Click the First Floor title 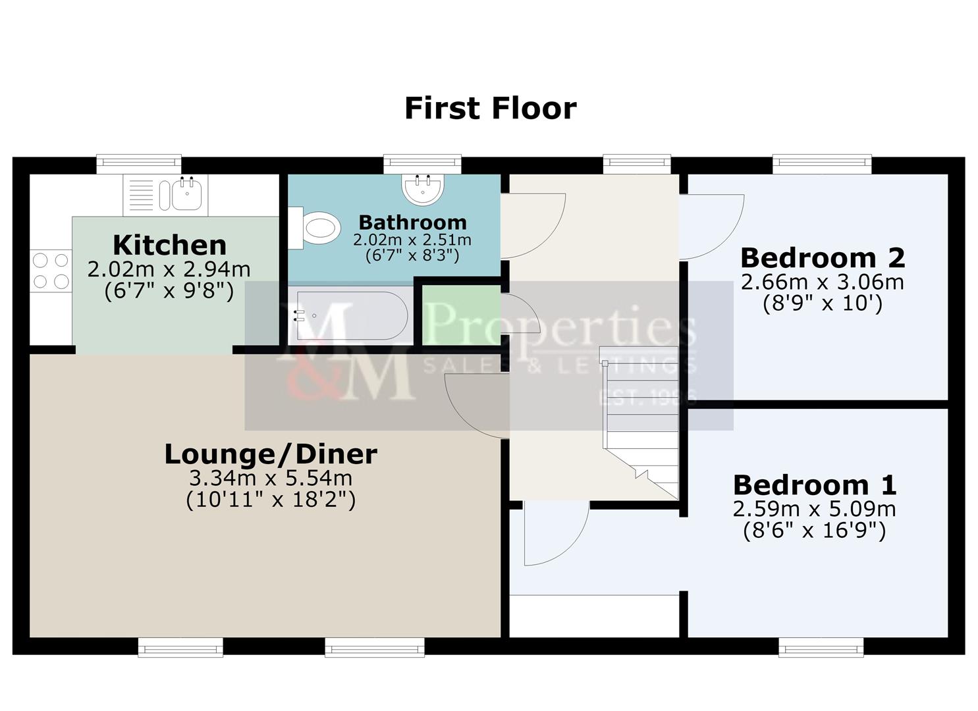(490, 108)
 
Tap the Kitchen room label (169, 246)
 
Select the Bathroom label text (412, 223)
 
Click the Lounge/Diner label (271, 454)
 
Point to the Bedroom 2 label (823, 258)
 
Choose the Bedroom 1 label (815, 485)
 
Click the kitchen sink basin (187, 195)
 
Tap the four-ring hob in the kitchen (51, 271)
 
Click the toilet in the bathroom (315, 228)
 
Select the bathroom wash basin (422, 189)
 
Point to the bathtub (351, 315)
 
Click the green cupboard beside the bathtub (461, 315)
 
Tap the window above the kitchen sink (139, 163)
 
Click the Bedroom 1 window (821, 647)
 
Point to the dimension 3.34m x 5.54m (271, 479)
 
